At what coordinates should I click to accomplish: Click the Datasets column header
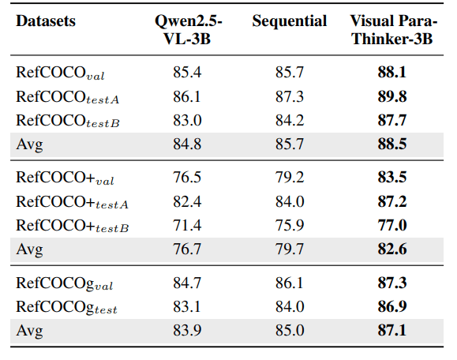(x=46, y=21)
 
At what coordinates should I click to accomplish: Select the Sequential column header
(x=290, y=21)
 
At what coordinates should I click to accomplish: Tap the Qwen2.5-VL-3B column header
(x=189, y=30)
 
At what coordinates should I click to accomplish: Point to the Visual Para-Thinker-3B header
(x=393, y=30)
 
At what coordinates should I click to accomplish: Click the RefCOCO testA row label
(x=68, y=97)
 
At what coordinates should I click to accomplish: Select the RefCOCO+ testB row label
(x=73, y=226)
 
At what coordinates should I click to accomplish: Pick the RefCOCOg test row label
(x=66, y=307)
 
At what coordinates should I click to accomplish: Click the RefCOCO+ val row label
(x=65, y=178)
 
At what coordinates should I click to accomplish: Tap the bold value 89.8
(x=392, y=96)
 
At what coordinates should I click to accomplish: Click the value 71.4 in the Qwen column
(x=187, y=225)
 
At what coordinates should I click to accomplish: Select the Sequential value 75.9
(x=290, y=225)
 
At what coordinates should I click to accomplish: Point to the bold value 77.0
(x=392, y=225)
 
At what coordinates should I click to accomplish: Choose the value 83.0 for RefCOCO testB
(x=187, y=120)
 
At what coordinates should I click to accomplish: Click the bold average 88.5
(x=392, y=144)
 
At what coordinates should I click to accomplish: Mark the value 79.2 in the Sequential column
(x=290, y=177)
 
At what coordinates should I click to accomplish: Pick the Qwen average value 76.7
(x=187, y=249)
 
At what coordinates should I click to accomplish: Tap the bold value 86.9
(x=392, y=306)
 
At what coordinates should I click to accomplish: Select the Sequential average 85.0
(x=290, y=330)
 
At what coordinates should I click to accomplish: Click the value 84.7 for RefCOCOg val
(x=187, y=283)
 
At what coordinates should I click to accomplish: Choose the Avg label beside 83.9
(x=29, y=331)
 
